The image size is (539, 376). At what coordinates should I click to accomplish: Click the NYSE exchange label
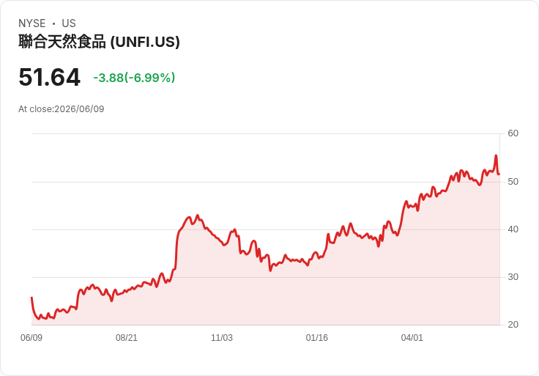pos(32,23)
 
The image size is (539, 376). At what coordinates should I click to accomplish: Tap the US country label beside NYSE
pos(69,23)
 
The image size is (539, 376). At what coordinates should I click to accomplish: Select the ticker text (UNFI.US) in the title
pos(145,42)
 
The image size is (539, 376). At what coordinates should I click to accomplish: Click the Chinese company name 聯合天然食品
pos(62,42)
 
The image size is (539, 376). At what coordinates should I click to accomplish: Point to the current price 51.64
pos(50,77)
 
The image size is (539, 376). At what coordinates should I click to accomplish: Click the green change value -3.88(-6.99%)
pos(134,78)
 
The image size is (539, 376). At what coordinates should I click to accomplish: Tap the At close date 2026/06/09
pos(79,109)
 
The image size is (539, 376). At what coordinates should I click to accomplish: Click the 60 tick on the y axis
pos(513,133)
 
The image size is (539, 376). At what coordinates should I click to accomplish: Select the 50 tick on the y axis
pos(513,182)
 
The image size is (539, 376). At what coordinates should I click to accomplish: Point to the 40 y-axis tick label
pos(513,229)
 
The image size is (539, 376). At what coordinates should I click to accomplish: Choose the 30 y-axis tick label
pos(513,277)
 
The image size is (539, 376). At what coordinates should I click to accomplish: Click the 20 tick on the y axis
pos(513,325)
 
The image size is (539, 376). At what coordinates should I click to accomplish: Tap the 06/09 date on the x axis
pos(31,338)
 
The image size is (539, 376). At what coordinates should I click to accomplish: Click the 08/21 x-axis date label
pos(127,338)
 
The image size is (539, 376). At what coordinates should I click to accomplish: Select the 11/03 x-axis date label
pos(222,338)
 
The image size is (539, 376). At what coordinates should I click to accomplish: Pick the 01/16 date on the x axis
pos(316,338)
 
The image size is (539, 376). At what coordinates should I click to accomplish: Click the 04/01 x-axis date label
pos(412,338)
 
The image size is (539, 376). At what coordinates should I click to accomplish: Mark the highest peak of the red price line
pos(496,155)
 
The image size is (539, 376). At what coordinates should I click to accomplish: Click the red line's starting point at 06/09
pos(31,298)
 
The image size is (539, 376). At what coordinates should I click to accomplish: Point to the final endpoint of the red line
pos(499,174)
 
